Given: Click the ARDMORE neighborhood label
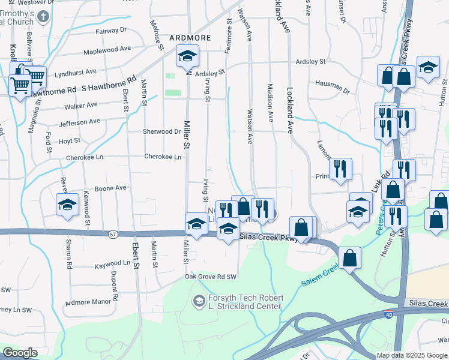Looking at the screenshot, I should (190, 37).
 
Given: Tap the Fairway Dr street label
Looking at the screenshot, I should (111, 29).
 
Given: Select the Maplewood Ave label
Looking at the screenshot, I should (107, 50).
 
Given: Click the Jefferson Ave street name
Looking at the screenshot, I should (79, 122).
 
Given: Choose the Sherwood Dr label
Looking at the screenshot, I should (161, 131).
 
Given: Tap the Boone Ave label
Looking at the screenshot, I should (110, 188).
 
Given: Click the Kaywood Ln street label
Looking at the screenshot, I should (112, 263).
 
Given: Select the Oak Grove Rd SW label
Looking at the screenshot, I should (211, 276).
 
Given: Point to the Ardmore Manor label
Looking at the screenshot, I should (89, 303).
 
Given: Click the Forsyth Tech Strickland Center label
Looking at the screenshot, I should (244, 302).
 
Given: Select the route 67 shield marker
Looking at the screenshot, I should (113, 234).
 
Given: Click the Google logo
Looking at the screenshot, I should (20, 353).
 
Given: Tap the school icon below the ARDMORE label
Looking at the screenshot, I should (187, 58).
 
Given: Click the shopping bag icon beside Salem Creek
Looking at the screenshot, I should (350, 259).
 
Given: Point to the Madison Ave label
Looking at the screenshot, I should (270, 102).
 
